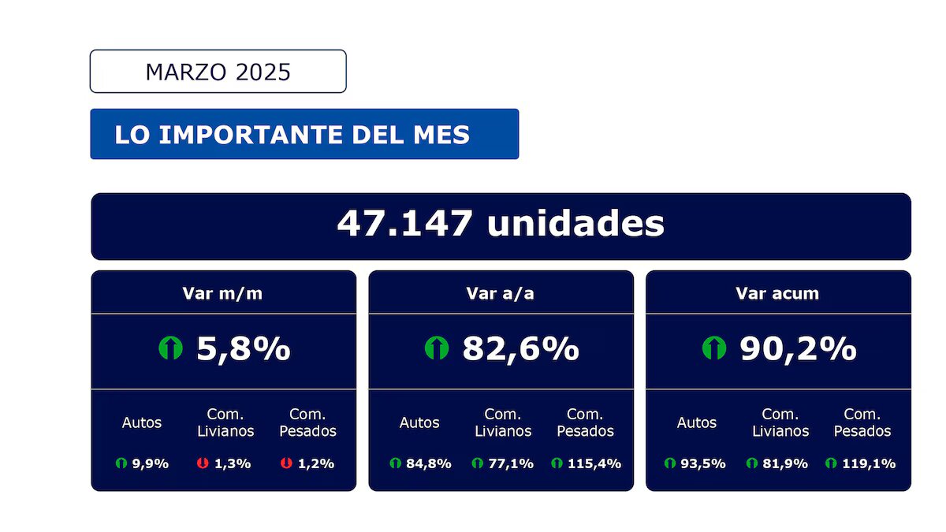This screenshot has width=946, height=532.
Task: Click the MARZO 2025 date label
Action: pos(218,72)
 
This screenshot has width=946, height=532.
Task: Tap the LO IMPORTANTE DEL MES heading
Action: pos(292,135)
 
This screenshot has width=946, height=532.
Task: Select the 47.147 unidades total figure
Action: pos(501,225)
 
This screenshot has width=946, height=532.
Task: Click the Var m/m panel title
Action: pos(223,293)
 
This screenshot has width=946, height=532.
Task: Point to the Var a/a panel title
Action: pos(501,293)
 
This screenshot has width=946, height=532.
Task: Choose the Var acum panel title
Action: pos(777,293)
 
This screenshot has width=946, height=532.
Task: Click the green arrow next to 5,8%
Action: pos(170,348)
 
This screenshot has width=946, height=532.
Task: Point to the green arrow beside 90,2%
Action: pos(713,348)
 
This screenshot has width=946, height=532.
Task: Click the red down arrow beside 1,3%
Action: pos(203,463)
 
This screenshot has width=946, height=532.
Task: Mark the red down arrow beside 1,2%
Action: pos(286,463)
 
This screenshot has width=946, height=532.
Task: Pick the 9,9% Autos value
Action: pos(150,463)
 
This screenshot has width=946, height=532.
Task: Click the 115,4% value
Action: pos(594,463)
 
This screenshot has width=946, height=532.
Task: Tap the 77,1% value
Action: pos(510,463)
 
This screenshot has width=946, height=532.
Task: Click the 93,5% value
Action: pos(704,463)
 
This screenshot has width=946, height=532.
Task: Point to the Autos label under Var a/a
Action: pos(419,422)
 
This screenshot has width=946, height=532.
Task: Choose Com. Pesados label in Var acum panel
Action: pos(862,422)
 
